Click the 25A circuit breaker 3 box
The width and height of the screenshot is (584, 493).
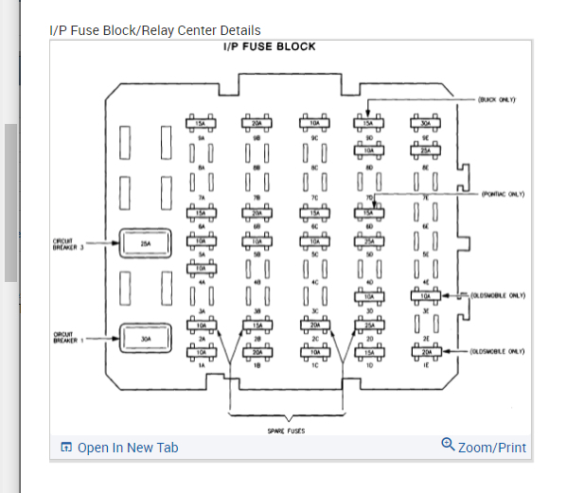click(145, 243)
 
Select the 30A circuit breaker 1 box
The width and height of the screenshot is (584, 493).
click(145, 336)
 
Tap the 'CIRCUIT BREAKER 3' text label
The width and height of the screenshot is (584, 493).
click(69, 245)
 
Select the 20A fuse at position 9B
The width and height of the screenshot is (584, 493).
click(256, 123)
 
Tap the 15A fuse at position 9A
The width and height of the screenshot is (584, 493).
click(200, 123)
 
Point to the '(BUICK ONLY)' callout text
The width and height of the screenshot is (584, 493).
click(497, 98)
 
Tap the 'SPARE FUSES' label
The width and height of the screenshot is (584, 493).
click(285, 431)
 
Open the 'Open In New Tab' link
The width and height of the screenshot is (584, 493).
click(127, 448)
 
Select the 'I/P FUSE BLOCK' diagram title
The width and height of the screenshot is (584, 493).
click(269, 46)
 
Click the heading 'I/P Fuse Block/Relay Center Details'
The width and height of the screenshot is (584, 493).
click(154, 30)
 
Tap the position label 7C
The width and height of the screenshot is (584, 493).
click(312, 196)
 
